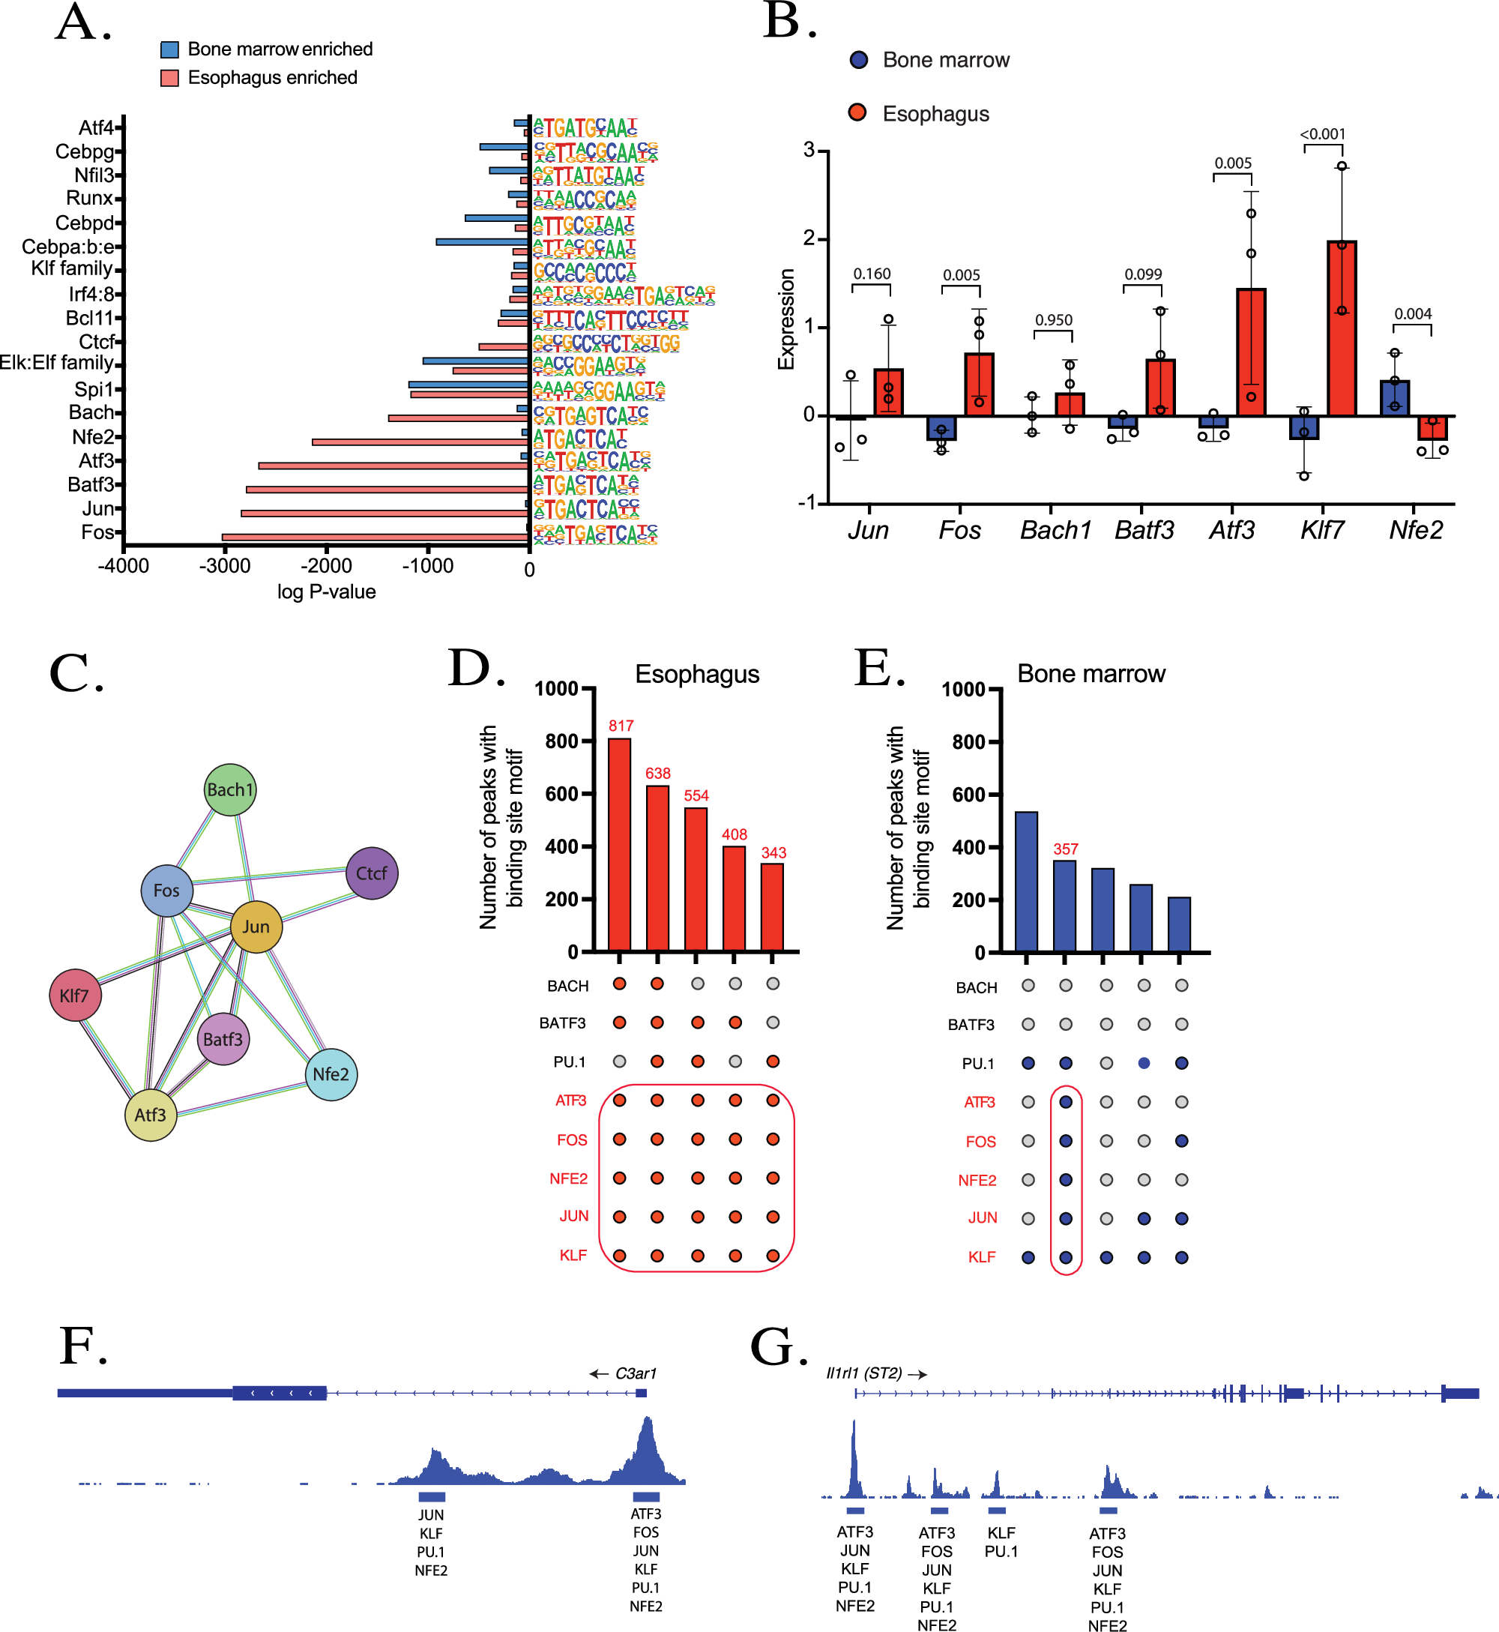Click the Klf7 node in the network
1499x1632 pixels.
pos(75,995)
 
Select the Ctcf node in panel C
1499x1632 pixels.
pos(372,873)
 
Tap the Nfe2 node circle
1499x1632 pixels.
pos(331,1074)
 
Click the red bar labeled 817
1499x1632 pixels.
pos(619,843)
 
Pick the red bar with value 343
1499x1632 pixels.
pos(772,907)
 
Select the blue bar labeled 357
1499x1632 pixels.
pos(1064,906)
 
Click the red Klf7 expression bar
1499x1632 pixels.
pos(1342,328)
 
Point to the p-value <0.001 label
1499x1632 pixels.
pos(1322,134)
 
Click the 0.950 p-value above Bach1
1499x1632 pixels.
pos(1053,319)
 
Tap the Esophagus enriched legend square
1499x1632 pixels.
pos(169,78)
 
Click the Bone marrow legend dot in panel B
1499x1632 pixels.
pos(858,59)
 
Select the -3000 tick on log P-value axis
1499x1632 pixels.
pos(225,566)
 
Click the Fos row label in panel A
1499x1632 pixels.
pos(97,532)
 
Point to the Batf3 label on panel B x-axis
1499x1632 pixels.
pos(1144,530)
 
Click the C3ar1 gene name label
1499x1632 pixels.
pos(635,1373)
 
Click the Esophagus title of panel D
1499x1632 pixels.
pos(697,674)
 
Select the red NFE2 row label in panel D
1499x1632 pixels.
pos(568,1178)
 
